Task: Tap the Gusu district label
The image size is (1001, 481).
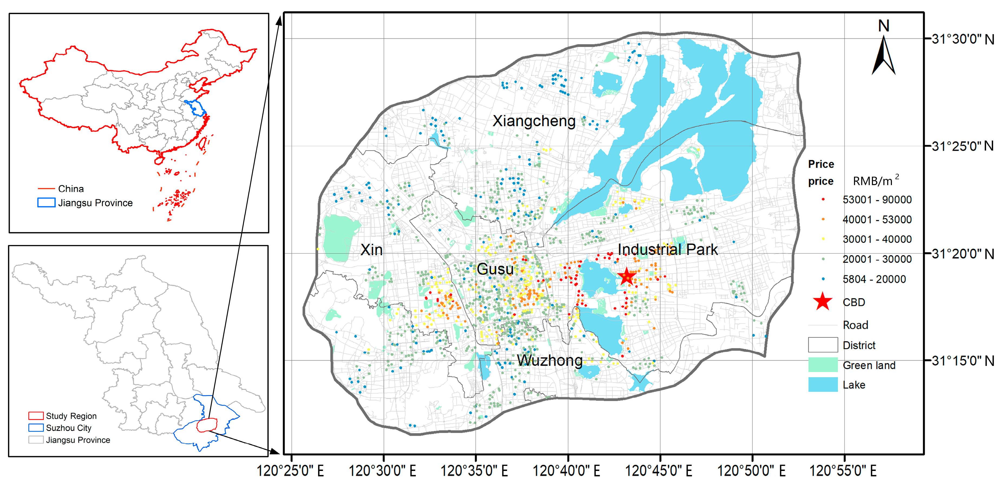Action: point(495,269)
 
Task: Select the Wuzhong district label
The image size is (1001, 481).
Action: point(549,360)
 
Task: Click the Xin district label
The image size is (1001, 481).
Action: point(371,250)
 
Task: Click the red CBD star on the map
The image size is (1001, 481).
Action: point(626,276)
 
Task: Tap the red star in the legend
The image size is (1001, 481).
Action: point(823,302)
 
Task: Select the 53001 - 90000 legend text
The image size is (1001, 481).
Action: point(877,200)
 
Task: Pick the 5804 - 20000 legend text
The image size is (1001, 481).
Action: point(874,279)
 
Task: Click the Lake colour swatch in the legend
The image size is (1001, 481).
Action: point(823,385)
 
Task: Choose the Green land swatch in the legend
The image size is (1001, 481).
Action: point(823,365)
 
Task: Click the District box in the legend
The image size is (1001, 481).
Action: point(823,345)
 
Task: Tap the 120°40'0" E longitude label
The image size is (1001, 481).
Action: point(566,471)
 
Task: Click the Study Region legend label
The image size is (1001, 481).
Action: point(71,416)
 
